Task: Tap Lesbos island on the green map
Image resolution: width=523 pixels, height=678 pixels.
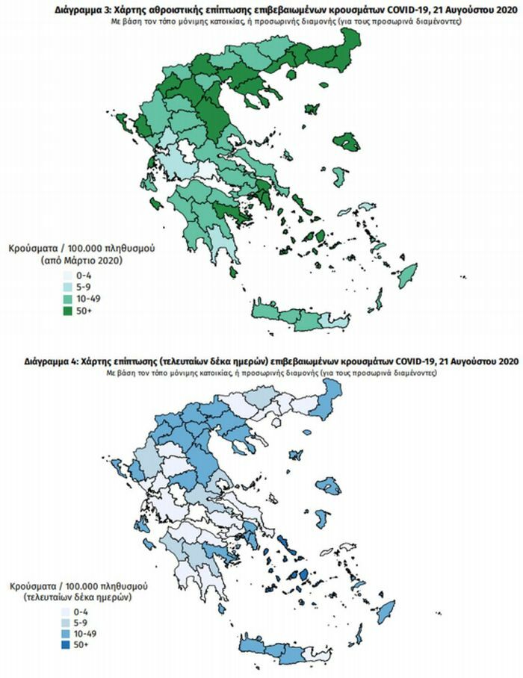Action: [x=345, y=142]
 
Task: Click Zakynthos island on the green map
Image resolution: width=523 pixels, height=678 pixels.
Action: [x=156, y=204]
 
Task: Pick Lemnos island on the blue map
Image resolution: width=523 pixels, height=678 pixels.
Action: [x=295, y=455]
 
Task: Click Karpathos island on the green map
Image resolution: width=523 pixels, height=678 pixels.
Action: [x=378, y=301]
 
